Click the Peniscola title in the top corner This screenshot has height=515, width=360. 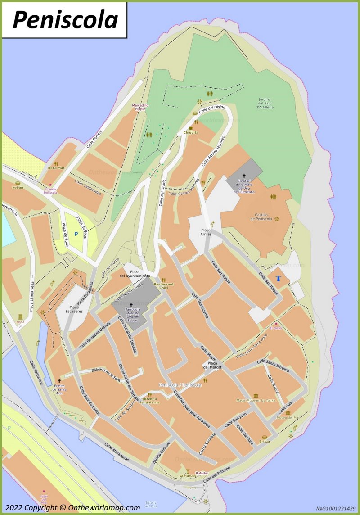point(65,20)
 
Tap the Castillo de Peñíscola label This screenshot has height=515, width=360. point(261,217)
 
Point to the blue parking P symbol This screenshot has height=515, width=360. point(76,234)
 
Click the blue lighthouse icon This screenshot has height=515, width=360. point(278,279)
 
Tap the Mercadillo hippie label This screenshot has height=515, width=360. point(140,107)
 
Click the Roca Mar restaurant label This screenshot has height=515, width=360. point(56,168)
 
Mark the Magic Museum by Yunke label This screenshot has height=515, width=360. point(255,400)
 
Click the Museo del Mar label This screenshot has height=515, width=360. point(288,417)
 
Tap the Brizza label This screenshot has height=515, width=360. point(265,441)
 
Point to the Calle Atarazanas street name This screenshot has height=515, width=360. point(116,452)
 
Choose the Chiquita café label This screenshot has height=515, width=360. point(191,132)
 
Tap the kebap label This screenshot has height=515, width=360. point(18,187)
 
